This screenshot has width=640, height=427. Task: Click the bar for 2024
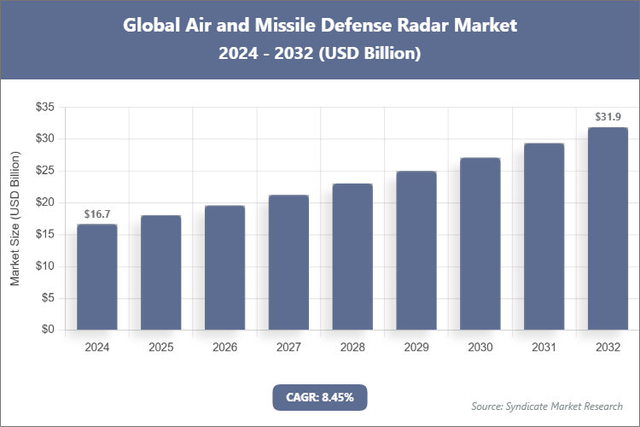pos(96,277)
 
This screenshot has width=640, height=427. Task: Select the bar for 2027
pos(288,262)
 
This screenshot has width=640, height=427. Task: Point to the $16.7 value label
pos(96,213)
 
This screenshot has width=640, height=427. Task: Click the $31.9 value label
pos(608,116)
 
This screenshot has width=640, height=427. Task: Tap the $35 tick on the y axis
pos(44,107)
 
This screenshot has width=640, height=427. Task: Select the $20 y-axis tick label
pos(44,202)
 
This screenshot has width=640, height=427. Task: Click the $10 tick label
pos(44,266)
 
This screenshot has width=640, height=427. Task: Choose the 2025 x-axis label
pos(160,348)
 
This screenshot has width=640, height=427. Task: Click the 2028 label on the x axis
pos(352,348)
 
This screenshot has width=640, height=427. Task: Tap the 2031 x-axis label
pos(544,348)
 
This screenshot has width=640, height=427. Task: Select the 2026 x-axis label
pos(224,348)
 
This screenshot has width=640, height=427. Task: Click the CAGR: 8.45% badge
pos(319,396)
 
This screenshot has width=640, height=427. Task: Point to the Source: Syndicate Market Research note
pos(546,406)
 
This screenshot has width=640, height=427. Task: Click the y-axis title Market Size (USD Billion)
pos(15,219)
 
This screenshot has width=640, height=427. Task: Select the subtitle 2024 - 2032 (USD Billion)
pos(320,53)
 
